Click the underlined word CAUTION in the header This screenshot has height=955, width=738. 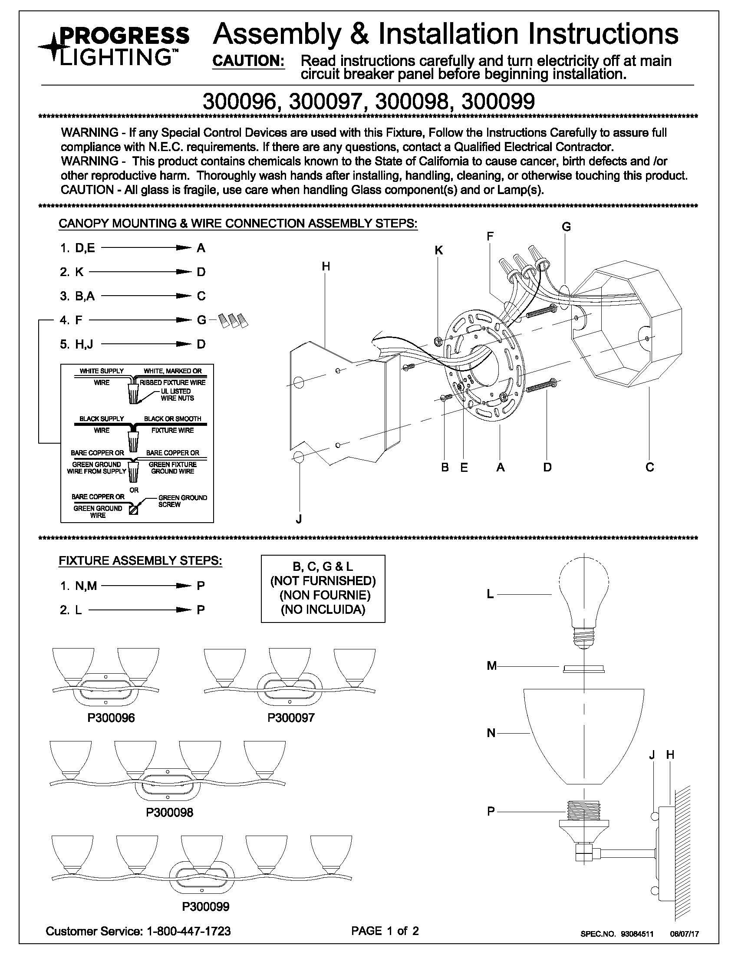248,61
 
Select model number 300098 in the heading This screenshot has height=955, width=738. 412,102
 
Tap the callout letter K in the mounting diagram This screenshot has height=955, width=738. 438,250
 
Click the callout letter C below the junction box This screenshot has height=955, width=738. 649,468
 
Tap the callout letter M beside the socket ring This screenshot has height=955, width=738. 492,666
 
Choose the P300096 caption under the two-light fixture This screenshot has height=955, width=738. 111,718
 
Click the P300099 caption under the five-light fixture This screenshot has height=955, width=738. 206,907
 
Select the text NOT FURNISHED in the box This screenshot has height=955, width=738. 323,581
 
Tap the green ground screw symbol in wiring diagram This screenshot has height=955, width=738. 134,510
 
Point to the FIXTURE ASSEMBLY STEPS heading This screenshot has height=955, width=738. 140,561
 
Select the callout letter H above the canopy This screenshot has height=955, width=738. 326,266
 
